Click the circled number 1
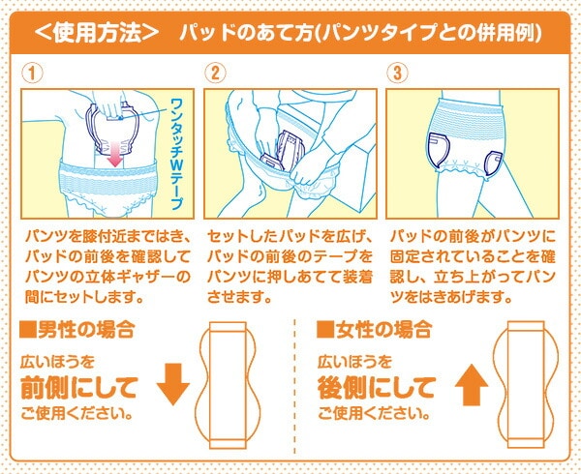tap(32, 73)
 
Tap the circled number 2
tap(215, 73)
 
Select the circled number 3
tap(398, 73)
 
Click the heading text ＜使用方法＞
tap(97, 33)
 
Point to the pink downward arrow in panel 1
tap(115, 153)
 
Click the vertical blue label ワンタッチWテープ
tap(177, 154)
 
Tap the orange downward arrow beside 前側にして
tap(173, 384)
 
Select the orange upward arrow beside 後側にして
tap(472, 384)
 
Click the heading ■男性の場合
tap(76, 329)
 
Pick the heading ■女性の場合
tap(374, 329)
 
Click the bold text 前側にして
tap(79, 387)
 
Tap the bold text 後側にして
tap(376, 387)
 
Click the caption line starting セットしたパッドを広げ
tap(290, 236)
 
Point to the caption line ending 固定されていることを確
tap(473, 256)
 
